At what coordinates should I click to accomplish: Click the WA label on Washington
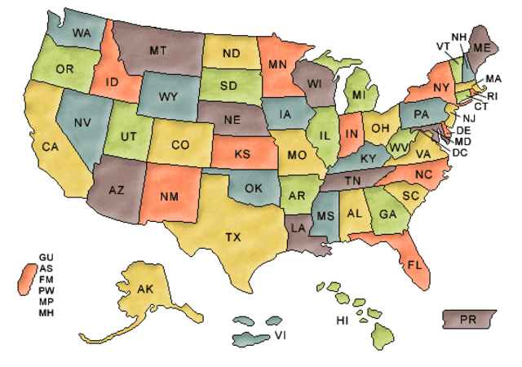pos(81,33)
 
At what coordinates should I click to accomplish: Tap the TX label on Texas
pos(233,237)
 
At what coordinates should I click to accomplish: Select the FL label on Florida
pos(414,265)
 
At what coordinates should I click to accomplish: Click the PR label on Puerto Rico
pos(468,319)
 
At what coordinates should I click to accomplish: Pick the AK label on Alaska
pos(145,290)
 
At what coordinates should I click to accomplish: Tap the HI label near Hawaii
pos(343,320)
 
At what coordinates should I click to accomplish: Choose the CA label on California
pos(51,147)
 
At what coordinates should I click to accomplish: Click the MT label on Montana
pos(158,51)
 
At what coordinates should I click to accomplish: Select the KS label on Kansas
pos(242,154)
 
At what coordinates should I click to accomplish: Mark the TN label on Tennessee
pos(352,180)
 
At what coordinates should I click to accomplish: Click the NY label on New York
pos(441,87)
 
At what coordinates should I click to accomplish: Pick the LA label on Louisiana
pos(299,228)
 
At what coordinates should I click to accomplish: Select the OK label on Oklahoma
pos(254,188)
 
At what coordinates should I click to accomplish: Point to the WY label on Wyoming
pos(168,97)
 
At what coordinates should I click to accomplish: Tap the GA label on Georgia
pos(388,216)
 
